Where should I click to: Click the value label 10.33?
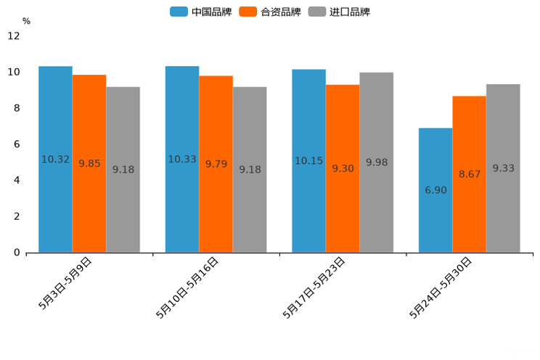(x=182, y=159)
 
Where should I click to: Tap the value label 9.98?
(x=376, y=163)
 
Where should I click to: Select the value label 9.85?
(x=89, y=164)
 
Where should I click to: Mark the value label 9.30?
(x=343, y=168)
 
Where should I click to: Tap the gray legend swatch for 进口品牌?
(x=317, y=12)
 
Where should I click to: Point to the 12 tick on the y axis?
(x=14, y=36)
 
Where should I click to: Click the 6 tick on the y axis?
(x=17, y=144)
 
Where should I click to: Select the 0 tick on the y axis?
(x=17, y=253)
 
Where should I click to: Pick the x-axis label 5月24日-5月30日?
(x=441, y=287)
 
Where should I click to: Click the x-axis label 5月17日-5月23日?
(x=314, y=287)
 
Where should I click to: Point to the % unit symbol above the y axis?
(x=26, y=22)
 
